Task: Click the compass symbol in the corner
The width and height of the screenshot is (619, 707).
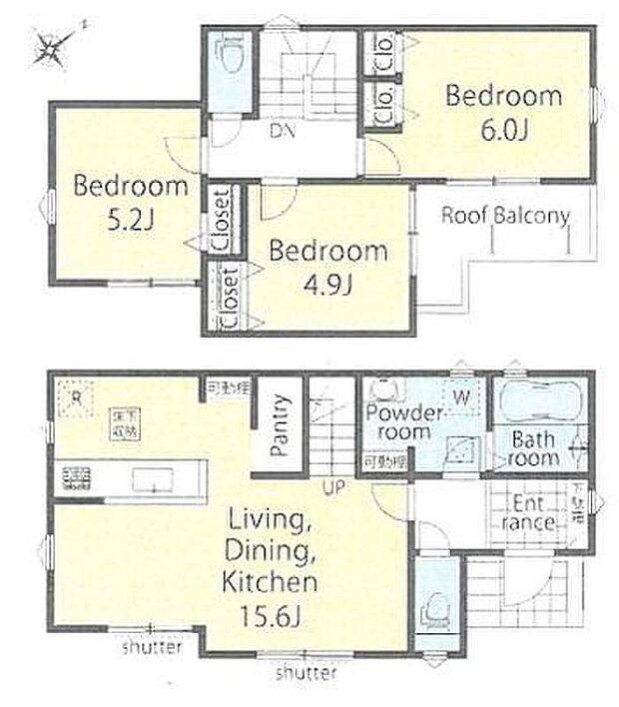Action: click(x=53, y=44)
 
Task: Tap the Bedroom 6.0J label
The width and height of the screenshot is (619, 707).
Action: click(x=503, y=113)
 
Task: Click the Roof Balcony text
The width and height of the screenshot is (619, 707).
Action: click(x=505, y=215)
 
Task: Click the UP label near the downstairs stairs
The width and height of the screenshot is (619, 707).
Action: click(x=332, y=489)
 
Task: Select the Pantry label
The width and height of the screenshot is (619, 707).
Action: click(x=282, y=425)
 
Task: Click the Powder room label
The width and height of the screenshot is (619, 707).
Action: click(x=403, y=421)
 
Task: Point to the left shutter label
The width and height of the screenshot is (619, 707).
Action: click(x=153, y=649)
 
